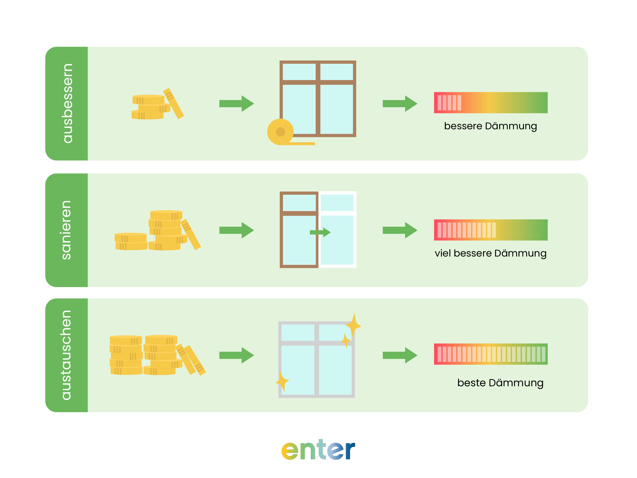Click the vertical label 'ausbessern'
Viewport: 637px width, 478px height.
(x=67, y=103)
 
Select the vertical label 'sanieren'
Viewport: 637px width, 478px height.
(x=66, y=230)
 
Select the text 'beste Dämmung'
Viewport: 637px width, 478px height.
(x=500, y=383)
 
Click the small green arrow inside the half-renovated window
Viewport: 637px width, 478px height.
(x=320, y=232)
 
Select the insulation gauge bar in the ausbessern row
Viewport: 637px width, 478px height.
(x=490, y=103)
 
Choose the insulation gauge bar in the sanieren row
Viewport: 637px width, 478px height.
(x=490, y=230)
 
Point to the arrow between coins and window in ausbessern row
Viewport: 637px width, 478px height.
(x=236, y=103)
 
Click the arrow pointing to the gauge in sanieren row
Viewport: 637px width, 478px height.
(x=400, y=230)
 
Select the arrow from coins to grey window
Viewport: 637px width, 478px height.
(x=236, y=355)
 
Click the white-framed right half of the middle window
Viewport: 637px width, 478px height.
(x=337, y=230)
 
